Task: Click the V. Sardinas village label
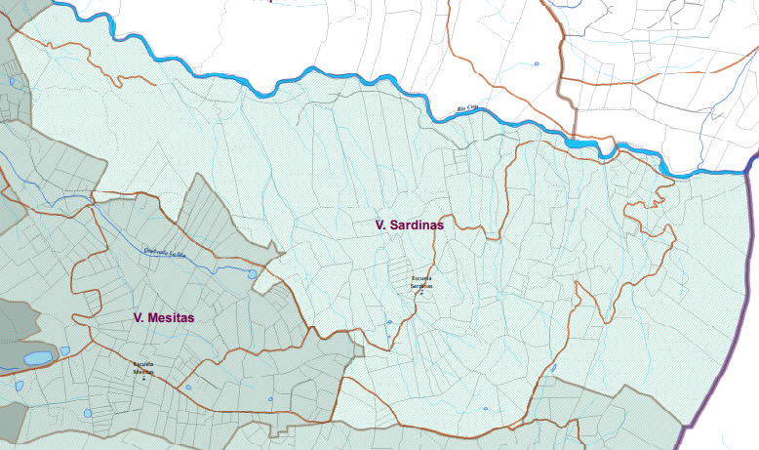click(410, 225)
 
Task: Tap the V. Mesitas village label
click(164, 317)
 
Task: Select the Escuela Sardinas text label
click(421, 282)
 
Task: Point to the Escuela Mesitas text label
click(144, 368)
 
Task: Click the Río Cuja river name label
click(468, 108)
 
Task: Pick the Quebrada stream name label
click(164, 251)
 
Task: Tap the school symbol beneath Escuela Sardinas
click(421, 292)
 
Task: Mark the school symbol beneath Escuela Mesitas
click(144, 378)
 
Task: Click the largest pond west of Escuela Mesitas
click(39, 358)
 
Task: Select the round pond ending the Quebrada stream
click(253, 274)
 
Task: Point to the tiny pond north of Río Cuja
click(537, 64)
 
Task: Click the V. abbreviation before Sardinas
click(380, 225)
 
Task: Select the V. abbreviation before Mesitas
click(139, 317)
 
